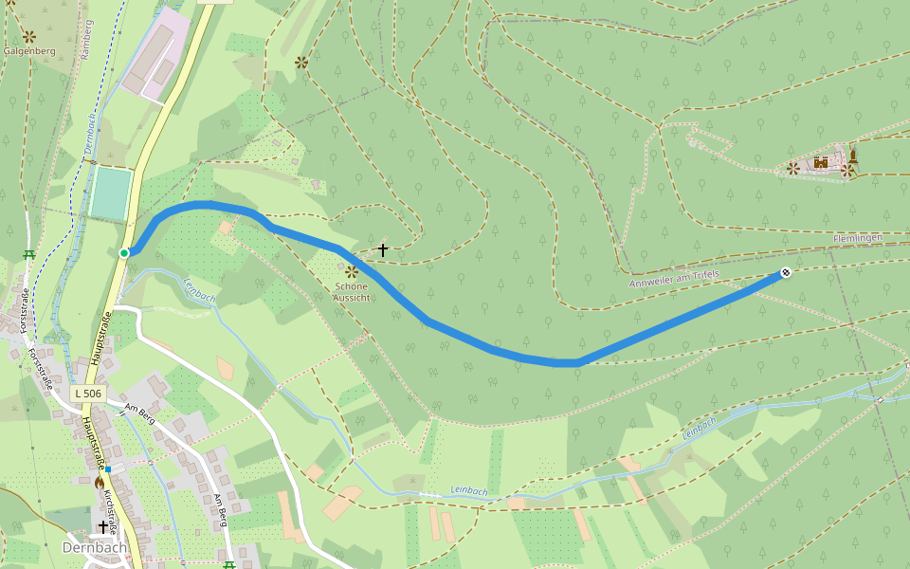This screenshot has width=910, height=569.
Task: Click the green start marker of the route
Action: pyautogui.click(x=124, y=252)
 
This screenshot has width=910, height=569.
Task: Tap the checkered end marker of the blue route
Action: pyautogui.click(x=785, y=274)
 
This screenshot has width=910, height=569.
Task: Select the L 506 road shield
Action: pyautogui.click(x=88, y=393)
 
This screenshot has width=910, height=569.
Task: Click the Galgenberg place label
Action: pyautogui.click(x=29, y=51)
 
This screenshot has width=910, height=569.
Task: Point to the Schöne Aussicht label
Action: pyautogui.click(x=351, y=292)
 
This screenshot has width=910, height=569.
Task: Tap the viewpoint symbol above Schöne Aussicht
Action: pyautogui.click(x=351, y=271)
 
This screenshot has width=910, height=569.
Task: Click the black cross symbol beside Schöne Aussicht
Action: pyautogui.click(x=383, y=249)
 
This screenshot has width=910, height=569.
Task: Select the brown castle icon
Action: pyautogui.click(x=821, y=163)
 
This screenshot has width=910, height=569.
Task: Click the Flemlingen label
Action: pyautogui.click(x=858, y=237)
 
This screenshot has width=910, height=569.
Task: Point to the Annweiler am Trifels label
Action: pyautogui.click(x=674, y=279)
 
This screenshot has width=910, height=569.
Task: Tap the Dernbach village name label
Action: pyautogui.click(x=94, y=547)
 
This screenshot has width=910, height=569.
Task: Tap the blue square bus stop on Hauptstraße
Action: pyautogui.click(x=109, y=468)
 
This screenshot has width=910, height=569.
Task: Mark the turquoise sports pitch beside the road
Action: pyautogui.click(x=111, y=193)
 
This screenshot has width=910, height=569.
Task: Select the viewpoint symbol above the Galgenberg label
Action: pyautogui.click(x=29, y=36)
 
